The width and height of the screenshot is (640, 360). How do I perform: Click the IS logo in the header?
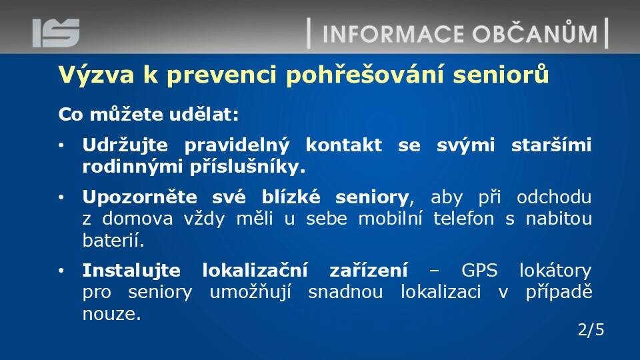tap(56, 33)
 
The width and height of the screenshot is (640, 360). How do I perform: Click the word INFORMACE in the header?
tap(393, 34)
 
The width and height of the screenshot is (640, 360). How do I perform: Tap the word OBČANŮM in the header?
tap(535, 32)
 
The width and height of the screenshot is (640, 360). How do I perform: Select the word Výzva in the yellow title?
tap(96, 75)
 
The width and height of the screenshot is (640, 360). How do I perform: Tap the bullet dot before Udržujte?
tap(61, 145)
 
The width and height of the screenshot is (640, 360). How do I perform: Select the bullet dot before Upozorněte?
tap(61, 197)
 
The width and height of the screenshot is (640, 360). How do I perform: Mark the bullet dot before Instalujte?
tap(61, 271)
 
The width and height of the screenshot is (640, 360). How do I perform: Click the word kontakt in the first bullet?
tap(344, 145)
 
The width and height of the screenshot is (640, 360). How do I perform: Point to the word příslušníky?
tap(247, 167)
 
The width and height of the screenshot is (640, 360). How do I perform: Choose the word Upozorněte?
tap(139, 197)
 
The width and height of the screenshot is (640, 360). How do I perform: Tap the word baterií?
tap(113, 241)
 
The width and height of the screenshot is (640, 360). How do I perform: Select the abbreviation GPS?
tap(479, 271)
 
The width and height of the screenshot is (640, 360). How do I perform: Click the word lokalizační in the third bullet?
tap(255, 270)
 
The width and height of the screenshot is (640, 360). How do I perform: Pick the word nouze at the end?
tap(111, 314)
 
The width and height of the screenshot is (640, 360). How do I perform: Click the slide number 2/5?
tap(591, 329)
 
